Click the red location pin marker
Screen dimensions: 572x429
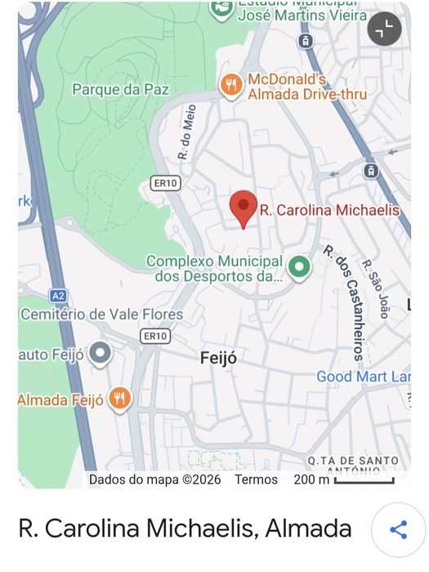point(243,208)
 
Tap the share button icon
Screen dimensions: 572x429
point(398,530)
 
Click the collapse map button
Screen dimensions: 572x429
point(384,29)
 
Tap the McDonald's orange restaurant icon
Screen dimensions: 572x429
point(231,85)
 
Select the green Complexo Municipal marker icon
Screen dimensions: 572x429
point(300,266)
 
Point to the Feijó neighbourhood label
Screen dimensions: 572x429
point(218,358)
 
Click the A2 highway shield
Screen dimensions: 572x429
point(57,296)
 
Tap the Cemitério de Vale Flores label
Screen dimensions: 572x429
point(102,314)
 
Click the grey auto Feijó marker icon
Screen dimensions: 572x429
point(101,354)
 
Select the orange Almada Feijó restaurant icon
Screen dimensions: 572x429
point(120,399)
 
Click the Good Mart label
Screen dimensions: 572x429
point(363,377)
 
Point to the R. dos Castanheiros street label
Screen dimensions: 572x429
point(342,302)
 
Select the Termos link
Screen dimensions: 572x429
point(256,480)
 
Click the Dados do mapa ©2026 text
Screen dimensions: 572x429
point(154,480)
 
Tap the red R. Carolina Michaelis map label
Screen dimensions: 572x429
point(329,210)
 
